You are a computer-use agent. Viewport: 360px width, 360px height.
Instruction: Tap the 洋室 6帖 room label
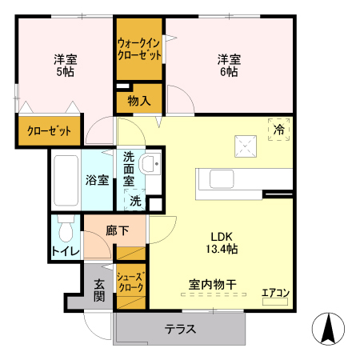(x=229, y=65)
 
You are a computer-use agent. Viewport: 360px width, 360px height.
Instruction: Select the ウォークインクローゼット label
(x=139, y=49)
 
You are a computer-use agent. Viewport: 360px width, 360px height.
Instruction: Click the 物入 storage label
(x=139, y=101)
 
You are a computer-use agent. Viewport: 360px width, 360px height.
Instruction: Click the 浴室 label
(x=98, y=180)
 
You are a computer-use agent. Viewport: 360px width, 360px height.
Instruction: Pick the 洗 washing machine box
(x=136, y=201)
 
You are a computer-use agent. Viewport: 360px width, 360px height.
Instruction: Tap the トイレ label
(x=65, y=253)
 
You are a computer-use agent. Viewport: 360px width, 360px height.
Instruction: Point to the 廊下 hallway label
(x=117, y=230)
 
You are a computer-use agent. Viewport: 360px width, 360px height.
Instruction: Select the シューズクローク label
(x=130, y=281)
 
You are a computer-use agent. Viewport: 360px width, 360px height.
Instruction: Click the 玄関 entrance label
(x=98, y=289)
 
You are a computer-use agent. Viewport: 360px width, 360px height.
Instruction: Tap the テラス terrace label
(x=181, y=329)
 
